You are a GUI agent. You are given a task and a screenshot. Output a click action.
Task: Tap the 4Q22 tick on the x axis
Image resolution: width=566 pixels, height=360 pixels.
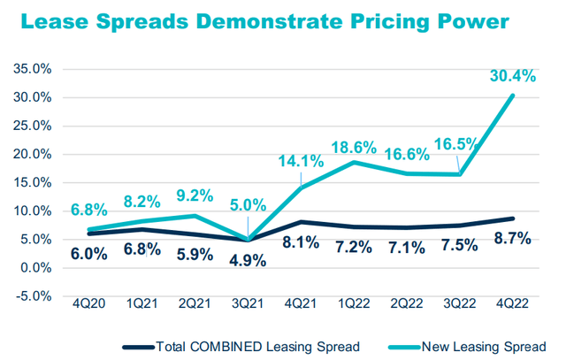click(x=513, y=303)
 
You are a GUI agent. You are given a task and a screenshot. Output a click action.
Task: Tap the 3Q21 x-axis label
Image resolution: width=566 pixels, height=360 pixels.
click(x=248, y=303)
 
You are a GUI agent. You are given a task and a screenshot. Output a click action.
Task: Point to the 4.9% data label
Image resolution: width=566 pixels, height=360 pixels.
click(x=248, y=260)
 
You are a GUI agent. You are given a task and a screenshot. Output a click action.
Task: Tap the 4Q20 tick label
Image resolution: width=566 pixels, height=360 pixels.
click(x=91, y=303)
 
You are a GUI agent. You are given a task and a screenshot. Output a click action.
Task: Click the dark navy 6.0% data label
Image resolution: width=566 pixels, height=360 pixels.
click(x=89, y=253)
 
